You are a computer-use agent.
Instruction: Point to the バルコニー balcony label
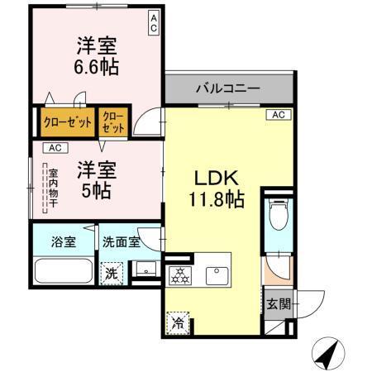(x=228, y=88)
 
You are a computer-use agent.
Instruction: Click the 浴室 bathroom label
(x=63, y=242)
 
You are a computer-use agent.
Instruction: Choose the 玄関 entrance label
(x=279, y=303)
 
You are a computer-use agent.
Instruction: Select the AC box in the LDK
(x=278, y=115)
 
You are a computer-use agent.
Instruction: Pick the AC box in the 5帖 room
(x=54, y=148)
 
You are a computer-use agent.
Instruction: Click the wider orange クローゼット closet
(x=67, y=122)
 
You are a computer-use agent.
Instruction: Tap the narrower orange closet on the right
(x=113, y=122)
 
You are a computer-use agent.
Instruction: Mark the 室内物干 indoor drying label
(x=52, y=189)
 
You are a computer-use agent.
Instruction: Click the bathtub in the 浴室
(x=63, y=272)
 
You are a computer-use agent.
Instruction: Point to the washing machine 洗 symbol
(x=110, y=273)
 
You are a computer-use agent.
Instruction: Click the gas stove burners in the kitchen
(x=179, y=274)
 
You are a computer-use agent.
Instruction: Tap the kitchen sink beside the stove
(x=217, y=274)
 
